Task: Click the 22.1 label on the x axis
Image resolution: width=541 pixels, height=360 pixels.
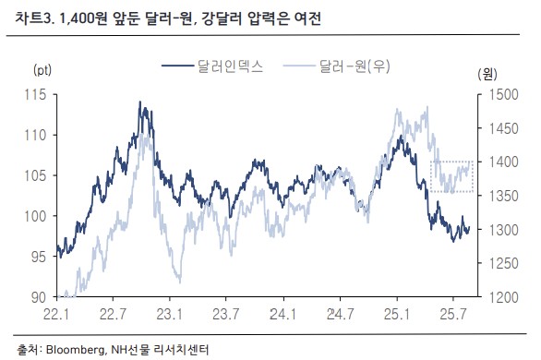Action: (x=57, y=314)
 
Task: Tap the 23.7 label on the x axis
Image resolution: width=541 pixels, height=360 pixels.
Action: (x=227, y=314)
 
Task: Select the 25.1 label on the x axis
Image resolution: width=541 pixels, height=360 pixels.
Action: (x=397, y=314)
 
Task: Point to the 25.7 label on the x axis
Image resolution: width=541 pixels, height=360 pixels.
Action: (x=453, y=314)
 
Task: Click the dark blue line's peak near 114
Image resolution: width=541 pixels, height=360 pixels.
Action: (x=140, y=103)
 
